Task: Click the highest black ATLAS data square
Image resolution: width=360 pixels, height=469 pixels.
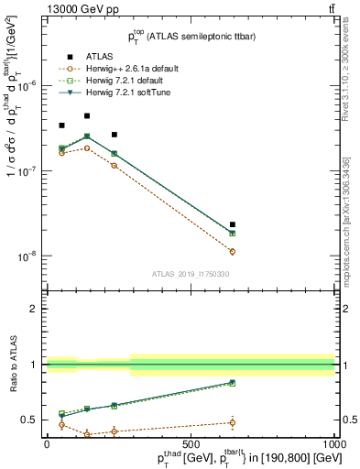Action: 87,116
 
